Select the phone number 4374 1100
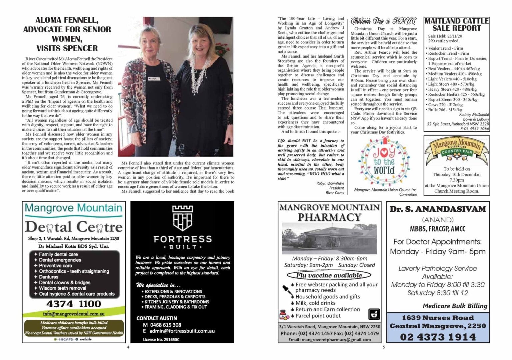click(74, 304)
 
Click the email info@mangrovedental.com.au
click(74, 314)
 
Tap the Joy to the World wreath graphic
click(384, 161)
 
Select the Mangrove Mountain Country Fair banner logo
click(456, 149)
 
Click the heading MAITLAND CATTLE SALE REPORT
click(456, 25)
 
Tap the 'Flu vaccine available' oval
click(329, 275)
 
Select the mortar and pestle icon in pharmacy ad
click(374, 314)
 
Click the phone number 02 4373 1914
click(438, 337)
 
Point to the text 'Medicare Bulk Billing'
click(455, 306)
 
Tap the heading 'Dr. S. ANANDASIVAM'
click(438, 209)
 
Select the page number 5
click(384, 347)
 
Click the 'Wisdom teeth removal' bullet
click(62, 288)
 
